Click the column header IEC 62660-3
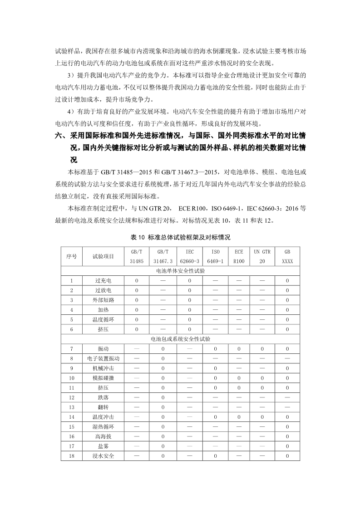coord(189,256)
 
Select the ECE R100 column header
coord(239,256)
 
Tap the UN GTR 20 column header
coord(262,256)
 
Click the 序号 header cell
coord(71,256)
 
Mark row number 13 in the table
coord(71,407)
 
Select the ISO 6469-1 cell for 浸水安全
coord(215,455)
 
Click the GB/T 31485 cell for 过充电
coord(136,281)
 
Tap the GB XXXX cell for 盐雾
coord(287,446)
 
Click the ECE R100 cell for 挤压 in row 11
coord(239,387)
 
